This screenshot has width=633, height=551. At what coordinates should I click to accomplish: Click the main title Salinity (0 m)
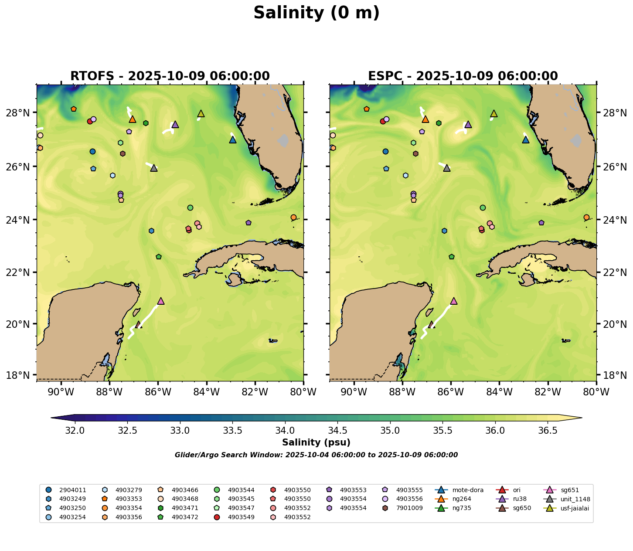(316, 13)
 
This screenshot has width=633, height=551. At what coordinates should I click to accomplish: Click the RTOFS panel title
(170, 76)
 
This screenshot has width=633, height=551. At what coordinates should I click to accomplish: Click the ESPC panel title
(463, 76)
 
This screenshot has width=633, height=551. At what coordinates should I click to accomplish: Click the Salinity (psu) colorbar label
(316, 443)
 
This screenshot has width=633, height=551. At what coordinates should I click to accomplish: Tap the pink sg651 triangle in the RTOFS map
(161, 301)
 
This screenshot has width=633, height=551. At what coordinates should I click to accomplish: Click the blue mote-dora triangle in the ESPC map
(525, 140)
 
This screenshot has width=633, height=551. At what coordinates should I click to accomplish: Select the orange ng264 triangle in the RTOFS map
(133, 119)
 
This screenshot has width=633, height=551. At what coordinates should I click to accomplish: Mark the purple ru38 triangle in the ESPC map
(468, 125)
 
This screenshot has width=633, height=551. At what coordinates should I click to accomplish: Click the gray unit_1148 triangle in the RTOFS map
(154, 168)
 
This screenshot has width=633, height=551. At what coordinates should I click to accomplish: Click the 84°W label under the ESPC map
(499, 392)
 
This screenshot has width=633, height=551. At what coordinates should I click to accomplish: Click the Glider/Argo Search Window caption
(316, 455)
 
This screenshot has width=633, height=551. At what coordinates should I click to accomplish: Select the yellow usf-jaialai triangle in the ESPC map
(494, 114)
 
